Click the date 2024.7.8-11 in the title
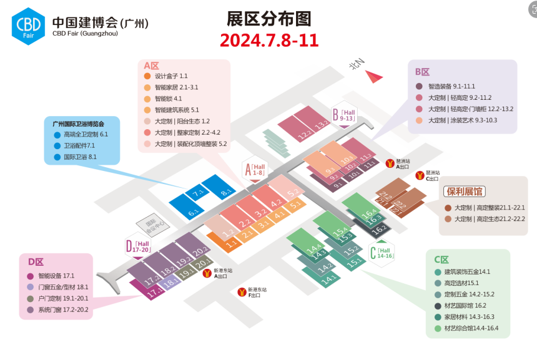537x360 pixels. pyautogui.click(x=269, y=41)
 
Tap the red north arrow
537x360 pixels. pyautogui.click(x=375, y=77)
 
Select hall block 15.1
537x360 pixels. pyautogui.click(x=354, y=262)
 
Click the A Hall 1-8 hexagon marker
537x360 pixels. pyautogui.click(x=257, y=168)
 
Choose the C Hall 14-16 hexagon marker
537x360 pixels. pyautogui.click(x=382, y=252)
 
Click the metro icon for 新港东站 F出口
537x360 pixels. pyautogui.click(x=242, y=291)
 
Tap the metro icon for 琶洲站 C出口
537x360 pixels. pyautogui.click(x=420, y=175)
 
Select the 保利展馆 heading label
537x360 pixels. pyautogui.click(x=464, y=192)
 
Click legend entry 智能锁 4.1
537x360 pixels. pyautogui.click(x=168, y=99)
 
